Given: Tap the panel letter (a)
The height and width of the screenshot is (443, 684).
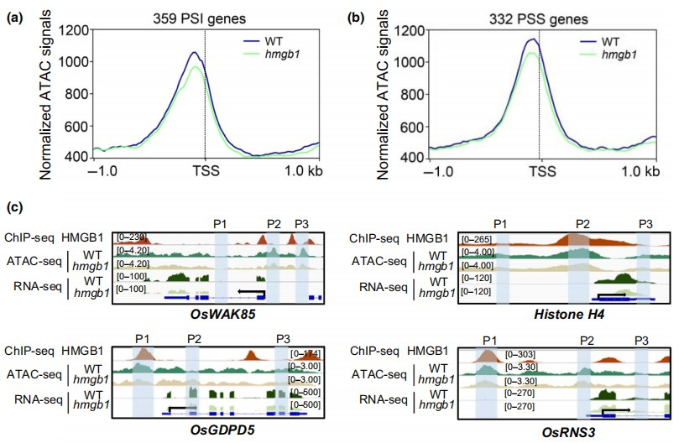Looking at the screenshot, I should click(x=15, y=16).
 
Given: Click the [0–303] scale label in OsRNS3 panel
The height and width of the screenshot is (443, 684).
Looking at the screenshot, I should click(x=519, y=355).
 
